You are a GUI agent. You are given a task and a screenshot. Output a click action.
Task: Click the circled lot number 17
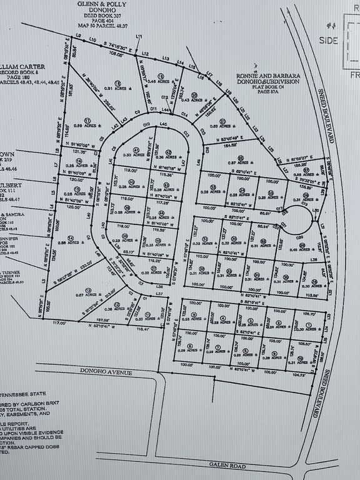click(88, 120)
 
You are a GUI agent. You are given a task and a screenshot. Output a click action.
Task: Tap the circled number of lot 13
click(88, 289)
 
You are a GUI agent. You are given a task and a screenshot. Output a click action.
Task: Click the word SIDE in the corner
click(327, 39)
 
